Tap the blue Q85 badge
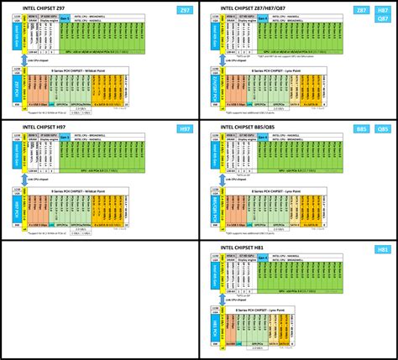pos(382,128)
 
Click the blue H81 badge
pos(382,248)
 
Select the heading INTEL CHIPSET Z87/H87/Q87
pos(270,9)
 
